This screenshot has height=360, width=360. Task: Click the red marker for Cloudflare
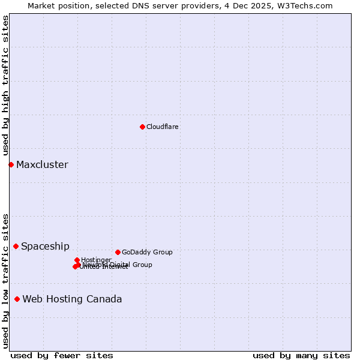click(142, 127)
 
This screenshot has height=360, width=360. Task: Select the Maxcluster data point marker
click(11, 164)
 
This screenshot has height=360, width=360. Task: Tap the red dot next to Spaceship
click(16, 246)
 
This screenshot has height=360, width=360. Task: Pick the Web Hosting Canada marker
click(17, 299)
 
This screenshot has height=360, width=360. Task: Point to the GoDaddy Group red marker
click(118, 252)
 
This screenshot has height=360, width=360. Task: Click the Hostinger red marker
click(77, 260)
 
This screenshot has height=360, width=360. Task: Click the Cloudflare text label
click(162, 127)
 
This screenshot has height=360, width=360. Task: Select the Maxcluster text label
click(42, 165)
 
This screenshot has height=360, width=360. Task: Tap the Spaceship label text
click(45, 246)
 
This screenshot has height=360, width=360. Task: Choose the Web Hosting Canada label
click(72, 299)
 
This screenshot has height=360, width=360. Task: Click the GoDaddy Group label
click(147, 252)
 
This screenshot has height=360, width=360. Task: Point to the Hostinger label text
click(96, 260)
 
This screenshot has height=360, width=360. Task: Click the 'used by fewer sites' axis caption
click(62, 356)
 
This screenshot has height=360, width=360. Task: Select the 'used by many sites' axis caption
click(301, 356)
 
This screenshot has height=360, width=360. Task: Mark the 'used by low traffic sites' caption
click(5, 281)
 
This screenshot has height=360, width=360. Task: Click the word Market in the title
click(41, 6)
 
